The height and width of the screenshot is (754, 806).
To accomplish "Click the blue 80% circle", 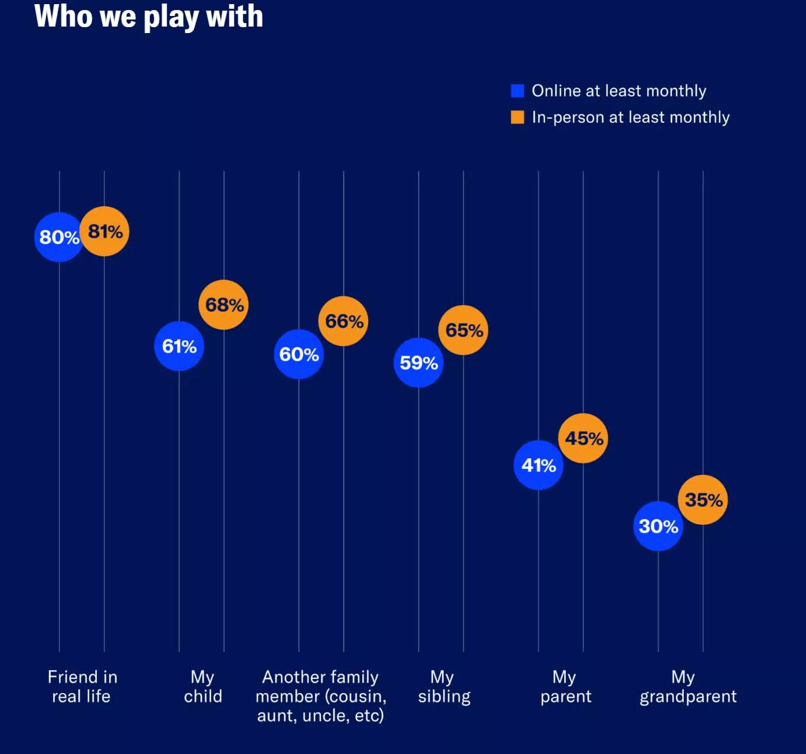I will (x=59, y=237).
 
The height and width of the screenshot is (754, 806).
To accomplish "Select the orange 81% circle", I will (x=104, y=231).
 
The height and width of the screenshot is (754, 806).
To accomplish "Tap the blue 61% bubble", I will (x=179, y=346).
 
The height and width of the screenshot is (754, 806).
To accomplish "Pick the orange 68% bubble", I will (x=224, y=305).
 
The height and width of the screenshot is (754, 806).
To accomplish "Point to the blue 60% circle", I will (x=299, y=354).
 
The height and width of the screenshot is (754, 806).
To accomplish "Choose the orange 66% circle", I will (x=343, y=321).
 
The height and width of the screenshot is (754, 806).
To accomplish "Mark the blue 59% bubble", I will (x=418, y=363).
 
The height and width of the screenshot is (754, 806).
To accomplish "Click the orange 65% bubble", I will (x=463, y=330).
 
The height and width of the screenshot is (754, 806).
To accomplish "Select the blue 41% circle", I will (x=538, y=465).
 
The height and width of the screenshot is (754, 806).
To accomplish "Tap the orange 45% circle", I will (x=583, y=438).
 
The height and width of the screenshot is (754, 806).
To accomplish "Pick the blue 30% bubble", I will (x=658, y=526).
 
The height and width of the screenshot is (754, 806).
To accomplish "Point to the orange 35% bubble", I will (x=703, y=500).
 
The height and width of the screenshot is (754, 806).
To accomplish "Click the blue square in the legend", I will (x=517, y=90).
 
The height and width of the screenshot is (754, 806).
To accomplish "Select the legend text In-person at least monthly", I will (x=630, y=117).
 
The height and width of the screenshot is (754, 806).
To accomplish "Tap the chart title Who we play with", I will (x=149, y=17).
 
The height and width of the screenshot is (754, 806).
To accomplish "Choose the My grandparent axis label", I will (x=687, y=687).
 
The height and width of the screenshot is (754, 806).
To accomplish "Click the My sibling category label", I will (x=444, y=687).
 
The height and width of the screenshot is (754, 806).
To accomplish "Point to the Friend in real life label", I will (x=82, y=687).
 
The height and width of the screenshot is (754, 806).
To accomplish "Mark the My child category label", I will (x=203, y=687).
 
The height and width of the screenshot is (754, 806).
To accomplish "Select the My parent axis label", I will (x=565, y=687).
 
